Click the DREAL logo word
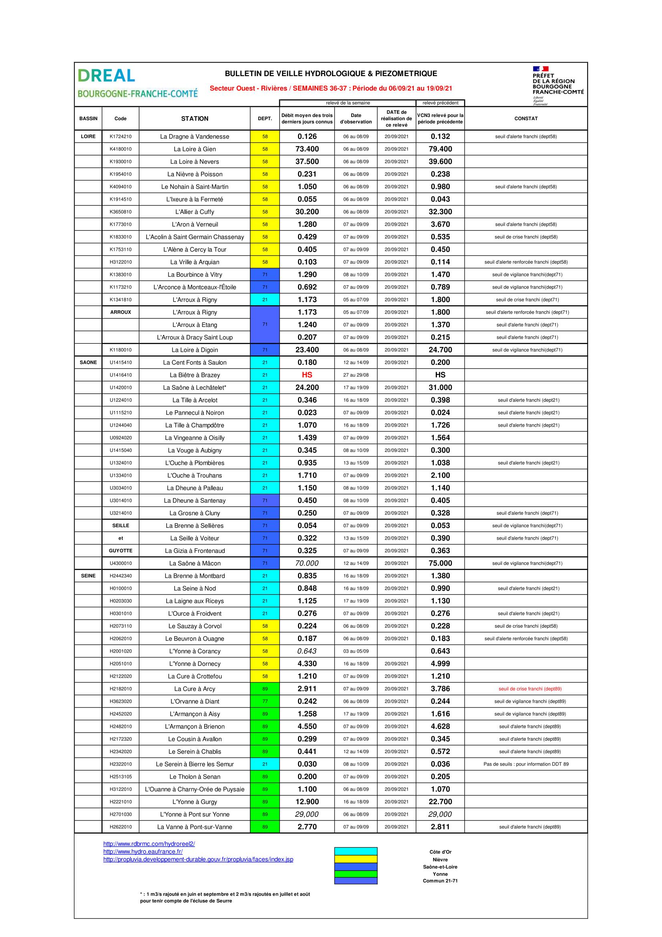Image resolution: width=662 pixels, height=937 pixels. click(x=107, y=75)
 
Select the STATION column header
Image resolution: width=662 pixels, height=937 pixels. click(x=195, y=119)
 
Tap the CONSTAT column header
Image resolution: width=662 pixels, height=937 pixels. click(x=526, y=119)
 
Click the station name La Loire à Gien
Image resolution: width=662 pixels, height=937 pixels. click(x=195, y=149)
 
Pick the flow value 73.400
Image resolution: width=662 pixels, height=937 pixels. click(x=307, y=149)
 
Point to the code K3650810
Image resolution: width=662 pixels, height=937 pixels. click(x=120, y=212)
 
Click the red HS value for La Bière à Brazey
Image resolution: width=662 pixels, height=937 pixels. click(x=307, y=375)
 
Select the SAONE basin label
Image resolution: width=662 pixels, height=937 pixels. click(x=88, y=363)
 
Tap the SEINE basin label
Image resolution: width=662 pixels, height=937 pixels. click(x=88, y=576)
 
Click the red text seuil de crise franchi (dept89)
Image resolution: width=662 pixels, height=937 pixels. click(x=530, y=689)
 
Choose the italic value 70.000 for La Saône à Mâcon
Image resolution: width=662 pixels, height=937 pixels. click(x=307, y=563)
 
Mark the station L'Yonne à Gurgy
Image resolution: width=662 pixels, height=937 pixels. click(x=195, y=802)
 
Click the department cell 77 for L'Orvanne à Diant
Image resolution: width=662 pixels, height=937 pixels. click(x=265, y=701)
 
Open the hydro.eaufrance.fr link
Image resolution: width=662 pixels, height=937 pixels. click(x=143, y=852)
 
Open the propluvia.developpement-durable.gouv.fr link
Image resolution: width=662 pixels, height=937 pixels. click(x=198, y=859)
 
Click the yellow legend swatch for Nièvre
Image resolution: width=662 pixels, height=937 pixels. click(x=356, y=859)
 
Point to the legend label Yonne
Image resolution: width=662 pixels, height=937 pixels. click(x=440, y=874)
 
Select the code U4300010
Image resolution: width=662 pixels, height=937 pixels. click(x=120, y=563)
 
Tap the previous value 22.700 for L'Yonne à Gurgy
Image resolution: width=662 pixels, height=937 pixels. click(x=440, y=802)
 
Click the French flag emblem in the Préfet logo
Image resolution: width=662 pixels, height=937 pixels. click(x=540, y=69)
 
